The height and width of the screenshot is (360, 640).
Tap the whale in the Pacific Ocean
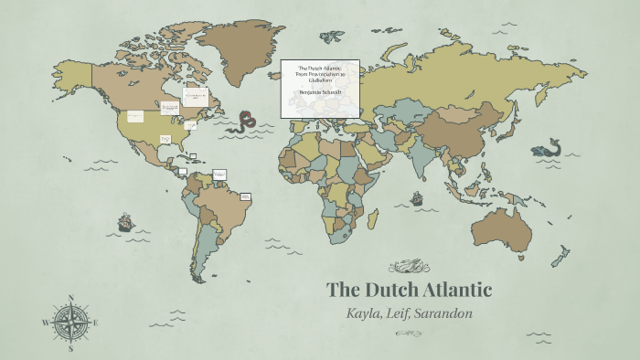549,148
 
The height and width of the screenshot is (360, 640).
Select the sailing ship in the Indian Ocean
417,197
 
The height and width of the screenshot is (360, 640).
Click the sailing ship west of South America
125,222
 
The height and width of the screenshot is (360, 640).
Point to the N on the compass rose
70,297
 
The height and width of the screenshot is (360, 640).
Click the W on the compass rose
45,323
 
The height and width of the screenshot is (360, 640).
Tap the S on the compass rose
70,348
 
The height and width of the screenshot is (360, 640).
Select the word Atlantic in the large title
457,291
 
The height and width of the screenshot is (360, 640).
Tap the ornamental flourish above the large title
409,267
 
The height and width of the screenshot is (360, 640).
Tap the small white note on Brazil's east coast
245,196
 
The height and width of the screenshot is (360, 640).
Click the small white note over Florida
166,139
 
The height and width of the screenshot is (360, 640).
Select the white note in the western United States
135,116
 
